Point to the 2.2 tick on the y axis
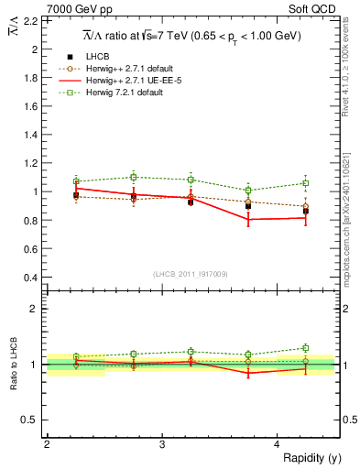pos(32,22)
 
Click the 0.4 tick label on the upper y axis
pos(32,278)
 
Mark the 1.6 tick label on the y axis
pos(32,107)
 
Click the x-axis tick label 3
pos(162,444)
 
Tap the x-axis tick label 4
pos(278,444)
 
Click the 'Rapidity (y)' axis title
pos(309,458)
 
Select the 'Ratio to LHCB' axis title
pos(13,364)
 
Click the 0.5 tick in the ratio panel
pos(32,420)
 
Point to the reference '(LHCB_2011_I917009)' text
pos(191,274)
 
